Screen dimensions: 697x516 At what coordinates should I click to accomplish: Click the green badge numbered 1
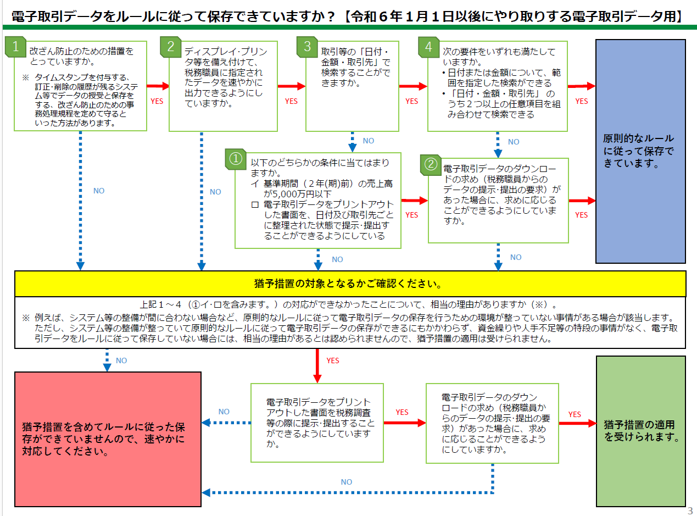[15, 47]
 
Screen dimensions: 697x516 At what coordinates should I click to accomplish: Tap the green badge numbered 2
[171, 47]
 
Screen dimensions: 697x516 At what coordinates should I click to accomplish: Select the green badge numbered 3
[308, 47]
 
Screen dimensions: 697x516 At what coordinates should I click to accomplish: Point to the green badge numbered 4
[428, 47]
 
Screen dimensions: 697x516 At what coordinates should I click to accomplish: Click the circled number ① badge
[236, 159]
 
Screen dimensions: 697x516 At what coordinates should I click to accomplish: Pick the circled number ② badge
[431, 164]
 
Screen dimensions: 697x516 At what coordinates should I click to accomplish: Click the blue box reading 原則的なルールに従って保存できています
[640, 151]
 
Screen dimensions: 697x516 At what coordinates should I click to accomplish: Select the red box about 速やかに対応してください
[108, 439]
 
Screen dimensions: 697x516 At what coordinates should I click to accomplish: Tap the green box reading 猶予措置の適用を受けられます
[641, 431]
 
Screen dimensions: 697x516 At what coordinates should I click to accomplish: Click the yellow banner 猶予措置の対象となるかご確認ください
[350, 284]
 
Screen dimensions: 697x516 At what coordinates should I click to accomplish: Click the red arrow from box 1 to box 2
[158, 86]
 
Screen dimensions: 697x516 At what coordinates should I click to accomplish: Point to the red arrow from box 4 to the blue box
[582, 86]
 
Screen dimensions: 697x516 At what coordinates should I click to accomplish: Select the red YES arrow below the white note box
[317, 365]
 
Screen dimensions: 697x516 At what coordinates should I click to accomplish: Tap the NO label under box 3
[369, 141]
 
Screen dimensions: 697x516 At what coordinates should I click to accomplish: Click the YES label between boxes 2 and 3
[291, 101]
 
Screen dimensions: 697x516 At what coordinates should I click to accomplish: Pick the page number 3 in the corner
[690, 511]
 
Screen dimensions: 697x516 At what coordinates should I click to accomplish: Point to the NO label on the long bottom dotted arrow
[346, 482]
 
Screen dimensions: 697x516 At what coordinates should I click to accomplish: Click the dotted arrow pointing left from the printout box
[226, 423]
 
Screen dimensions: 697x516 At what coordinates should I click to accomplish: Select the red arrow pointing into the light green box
[578, 423]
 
